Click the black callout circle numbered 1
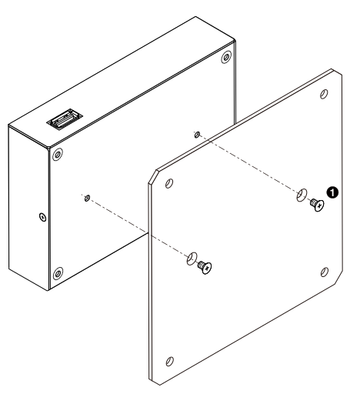tap(332, 192)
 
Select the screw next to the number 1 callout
tap(317, 205)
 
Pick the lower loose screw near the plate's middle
tap(205, 267)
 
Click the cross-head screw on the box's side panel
tap(43, 217)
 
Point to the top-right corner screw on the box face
tap(226, 57)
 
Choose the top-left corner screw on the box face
tap(58, 155)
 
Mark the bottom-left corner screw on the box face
tap(58, 273)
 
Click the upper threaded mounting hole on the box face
tap(197, 135)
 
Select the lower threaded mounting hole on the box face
tap(87, 198)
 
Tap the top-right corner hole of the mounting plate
tap(324, 94)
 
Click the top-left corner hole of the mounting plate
tap(169, 183)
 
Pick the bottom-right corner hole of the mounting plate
tap(325, 272)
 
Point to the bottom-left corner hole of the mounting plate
tap(169, 361)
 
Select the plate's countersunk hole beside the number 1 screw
tap(302, 195)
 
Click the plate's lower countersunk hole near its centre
tap(192, 259)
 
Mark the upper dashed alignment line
tap(248, 164)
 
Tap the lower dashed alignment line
tap(137, 226)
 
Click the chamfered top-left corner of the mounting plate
tap(153, 176)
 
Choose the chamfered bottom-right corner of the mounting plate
tap(339, 277)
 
